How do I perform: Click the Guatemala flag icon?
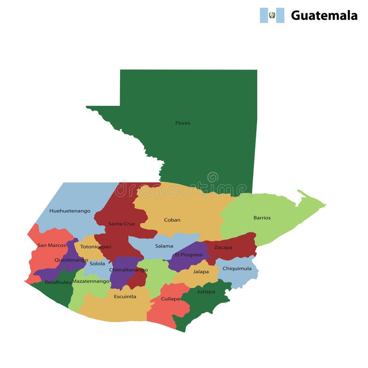click(272, 15)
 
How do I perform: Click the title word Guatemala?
click(324, 16)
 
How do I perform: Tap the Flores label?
click(183, 123)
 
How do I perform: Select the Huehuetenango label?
click(70, 211)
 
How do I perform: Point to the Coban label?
click(172, 220)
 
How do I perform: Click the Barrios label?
click(262, 218)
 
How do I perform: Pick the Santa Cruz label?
click(122, 224)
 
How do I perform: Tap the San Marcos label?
click(52, 245)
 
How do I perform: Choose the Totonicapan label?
click(96, 247)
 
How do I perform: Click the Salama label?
click(164, 246)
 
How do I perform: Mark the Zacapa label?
click(223, 247)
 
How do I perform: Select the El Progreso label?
click(189, 254)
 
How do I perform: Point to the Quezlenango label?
click(71, 259)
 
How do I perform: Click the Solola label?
click(98, 264)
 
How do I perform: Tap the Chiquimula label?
click(237, 268)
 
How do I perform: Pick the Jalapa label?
click(201, 271)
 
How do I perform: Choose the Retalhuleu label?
click(58, 282)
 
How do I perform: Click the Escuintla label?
click(125, 296)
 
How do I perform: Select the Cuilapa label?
click(171, 299)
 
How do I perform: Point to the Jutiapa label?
click(206, 291)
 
